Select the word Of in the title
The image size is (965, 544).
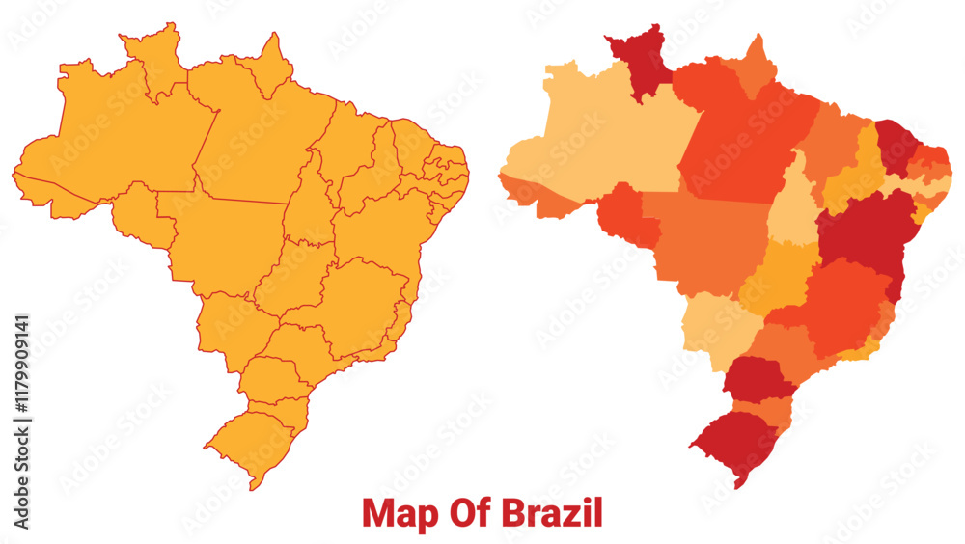pyautogui.click(x=463, y=513)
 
